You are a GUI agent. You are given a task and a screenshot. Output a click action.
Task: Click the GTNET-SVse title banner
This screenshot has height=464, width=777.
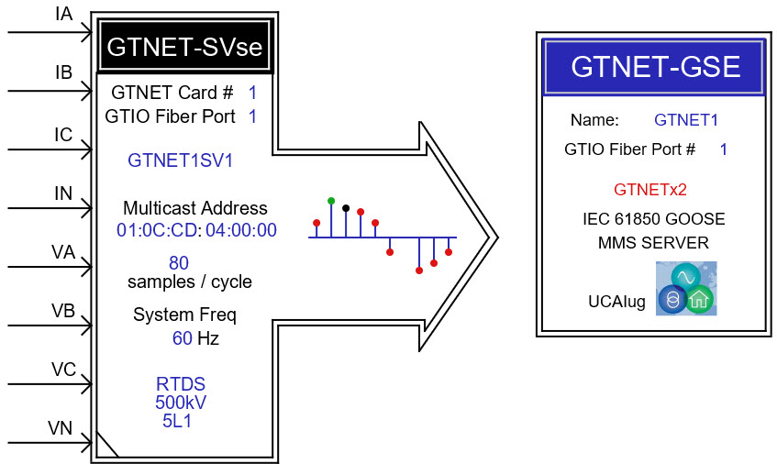click(x=184, y=46)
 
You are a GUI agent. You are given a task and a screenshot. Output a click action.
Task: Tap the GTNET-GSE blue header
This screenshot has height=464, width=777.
click(x=654, y=67)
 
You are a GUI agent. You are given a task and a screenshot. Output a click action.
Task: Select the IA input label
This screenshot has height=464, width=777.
click(x=64, y=14)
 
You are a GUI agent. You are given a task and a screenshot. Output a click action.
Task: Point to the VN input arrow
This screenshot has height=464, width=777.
click(x=50, y=442)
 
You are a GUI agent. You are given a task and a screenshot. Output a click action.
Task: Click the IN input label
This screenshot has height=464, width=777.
click(x=63, y=193)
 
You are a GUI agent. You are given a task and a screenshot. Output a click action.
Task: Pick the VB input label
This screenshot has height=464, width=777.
click(x=63, y=311)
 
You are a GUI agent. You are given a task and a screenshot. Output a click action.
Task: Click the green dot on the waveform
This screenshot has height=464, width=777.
click(x=331, y=201)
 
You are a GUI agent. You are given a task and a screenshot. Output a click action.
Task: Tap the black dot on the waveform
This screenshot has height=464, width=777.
click(x=346, y=208)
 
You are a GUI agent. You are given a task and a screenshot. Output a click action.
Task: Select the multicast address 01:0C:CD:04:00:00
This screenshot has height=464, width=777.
click(x=196, y=230)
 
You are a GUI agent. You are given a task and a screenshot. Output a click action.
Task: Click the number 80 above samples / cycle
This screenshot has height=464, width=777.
click(x=179, y=262)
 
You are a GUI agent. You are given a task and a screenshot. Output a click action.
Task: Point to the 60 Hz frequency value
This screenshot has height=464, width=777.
click(x=195, y=338)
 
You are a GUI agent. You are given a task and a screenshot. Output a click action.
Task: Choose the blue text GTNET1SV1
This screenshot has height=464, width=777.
click(x=181, y=160)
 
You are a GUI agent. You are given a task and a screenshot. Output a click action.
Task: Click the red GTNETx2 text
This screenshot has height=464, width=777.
click(x=650, y=190)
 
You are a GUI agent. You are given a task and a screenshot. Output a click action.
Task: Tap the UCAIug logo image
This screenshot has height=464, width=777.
click(x=686, y=288)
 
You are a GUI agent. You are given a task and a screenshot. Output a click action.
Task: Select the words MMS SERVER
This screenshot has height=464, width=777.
click(x=653, y=243)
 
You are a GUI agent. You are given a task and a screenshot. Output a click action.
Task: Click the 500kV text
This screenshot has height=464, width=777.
click(x=181, y=403)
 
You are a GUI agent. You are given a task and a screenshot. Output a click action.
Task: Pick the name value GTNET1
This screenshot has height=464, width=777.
click(x=686, y=120)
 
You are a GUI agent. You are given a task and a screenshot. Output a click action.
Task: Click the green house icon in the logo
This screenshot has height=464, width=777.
click(x=699, y=299)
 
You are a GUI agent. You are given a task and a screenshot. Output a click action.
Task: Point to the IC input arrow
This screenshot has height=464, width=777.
click(x=50, y=149)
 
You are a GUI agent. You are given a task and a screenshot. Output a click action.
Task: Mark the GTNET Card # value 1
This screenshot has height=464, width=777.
click(x=252, y=93)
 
